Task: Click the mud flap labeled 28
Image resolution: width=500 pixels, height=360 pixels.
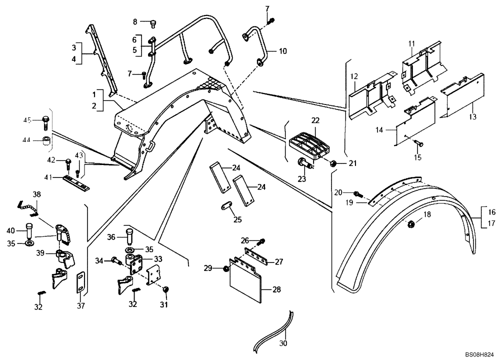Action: click(247, 285)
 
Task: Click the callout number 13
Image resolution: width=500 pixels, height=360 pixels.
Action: click(472, 117)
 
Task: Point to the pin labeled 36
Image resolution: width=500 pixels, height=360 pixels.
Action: click(129, 233)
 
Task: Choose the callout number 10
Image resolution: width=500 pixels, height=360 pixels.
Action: click(283, 51)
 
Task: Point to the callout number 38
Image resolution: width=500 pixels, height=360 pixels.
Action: click(37, 193)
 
